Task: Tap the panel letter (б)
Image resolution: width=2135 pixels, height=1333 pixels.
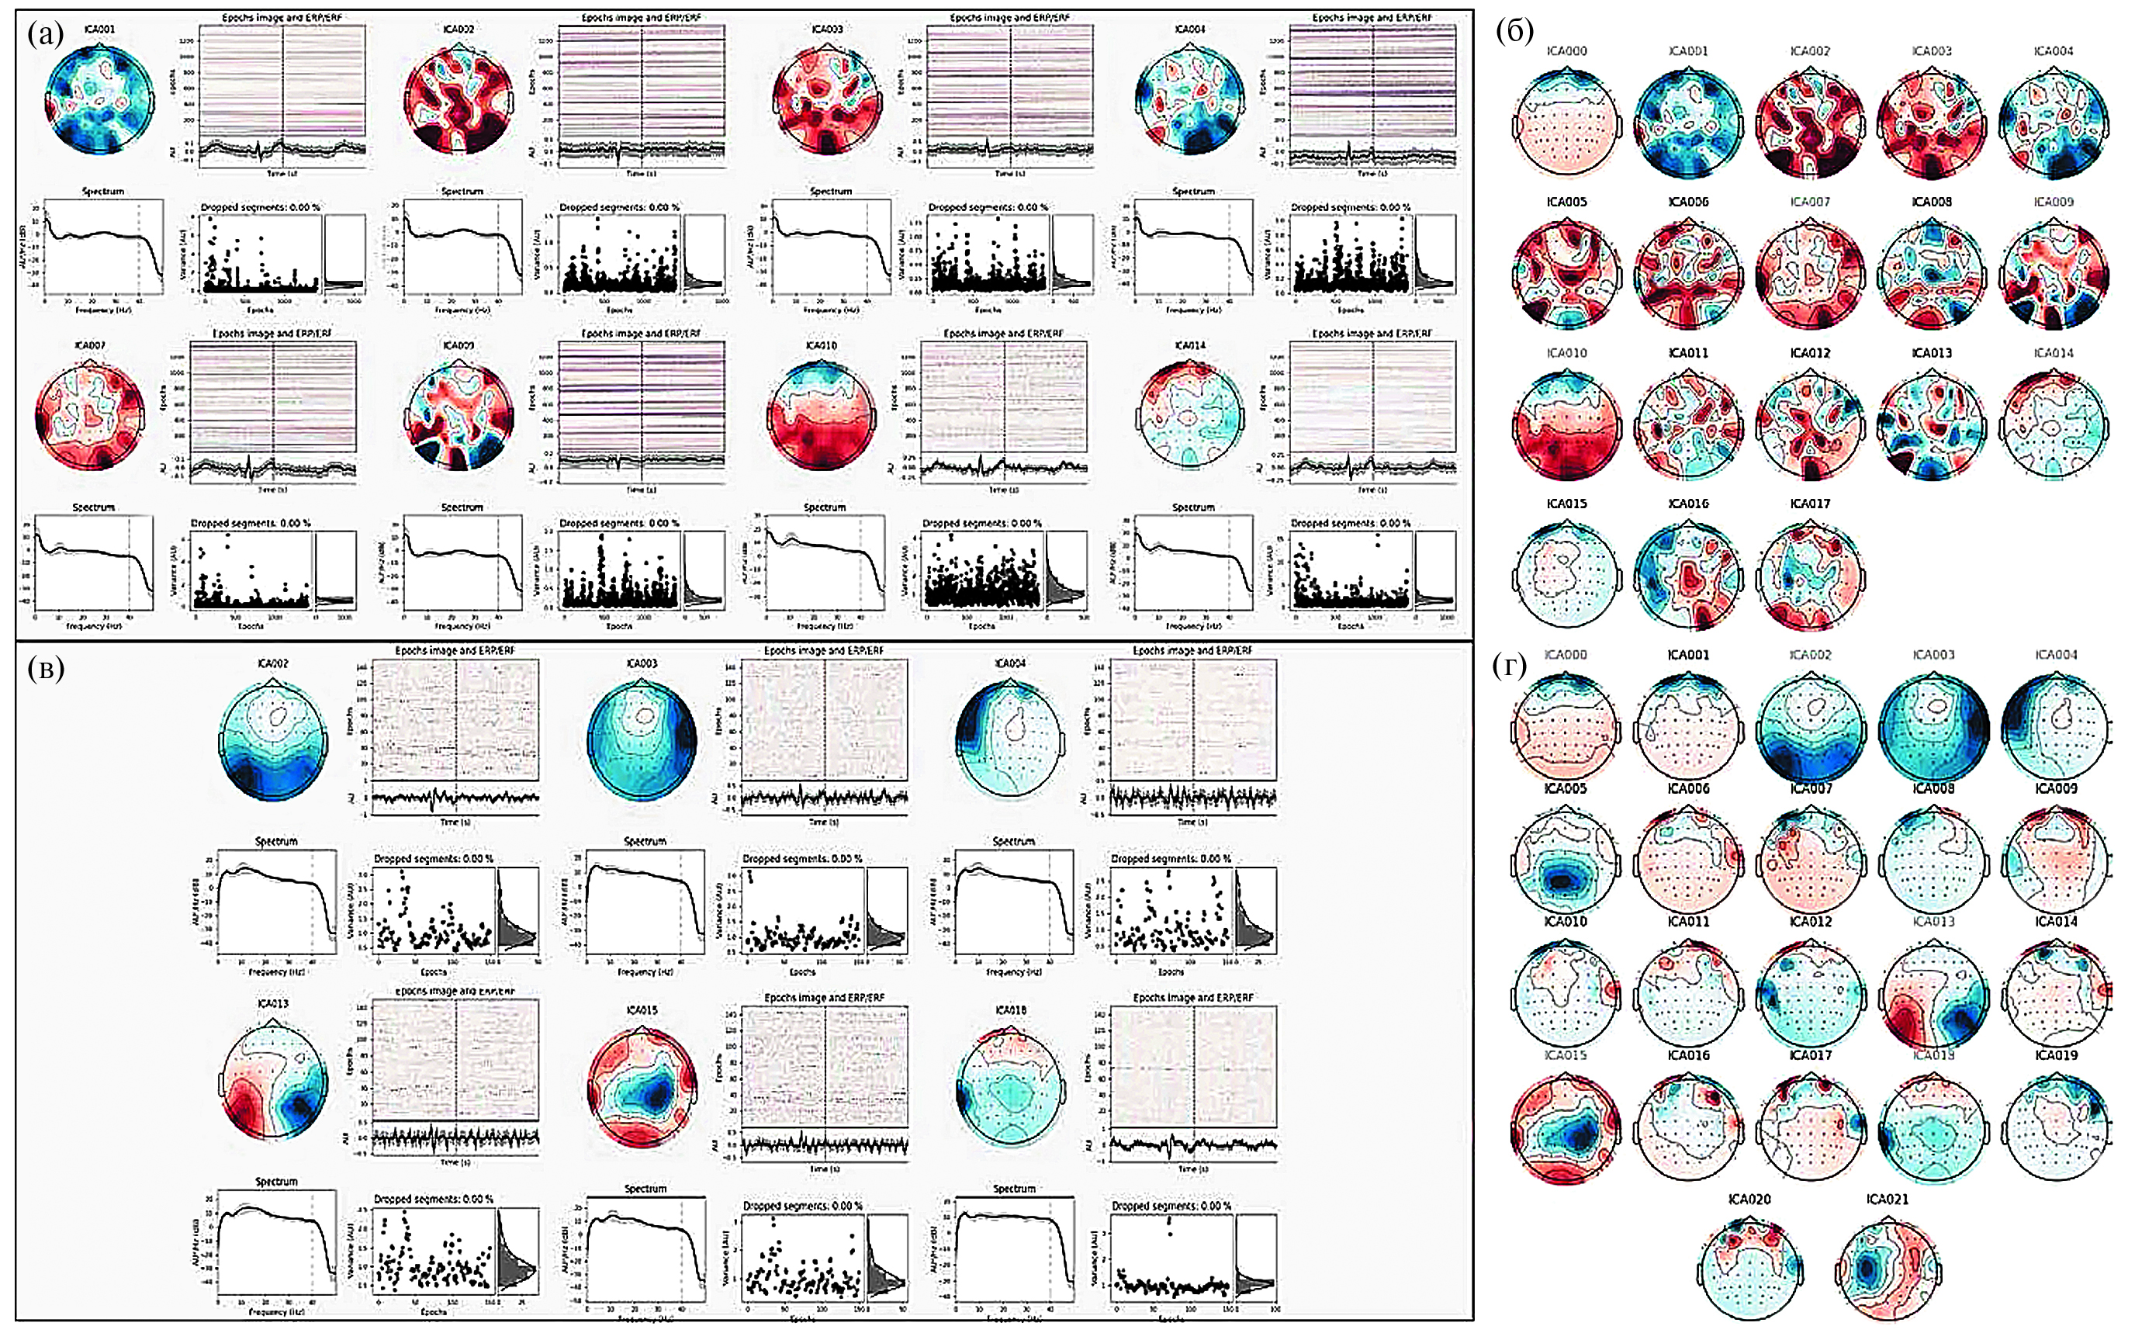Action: click(1514, 32)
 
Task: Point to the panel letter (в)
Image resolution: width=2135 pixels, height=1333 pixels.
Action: click(46, 670)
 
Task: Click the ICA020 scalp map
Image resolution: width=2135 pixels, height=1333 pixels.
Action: click(1749, 1269)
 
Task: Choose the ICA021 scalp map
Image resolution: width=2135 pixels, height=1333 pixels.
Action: click(1887, 1269)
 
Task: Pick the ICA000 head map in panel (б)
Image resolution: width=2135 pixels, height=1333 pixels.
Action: click(1566, 124)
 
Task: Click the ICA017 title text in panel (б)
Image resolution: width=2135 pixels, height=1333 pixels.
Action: click(1810, 504)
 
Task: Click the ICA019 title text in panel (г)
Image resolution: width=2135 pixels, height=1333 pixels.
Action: click(2056, 1055)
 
